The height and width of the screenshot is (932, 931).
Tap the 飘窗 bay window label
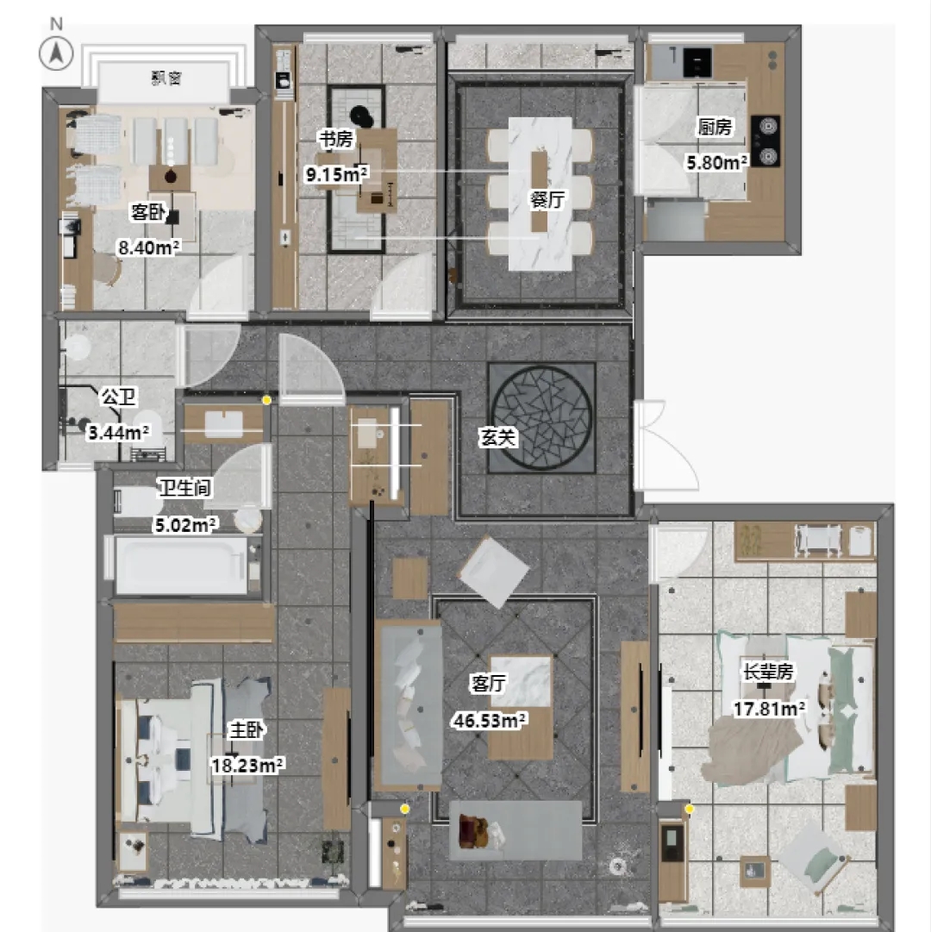166,79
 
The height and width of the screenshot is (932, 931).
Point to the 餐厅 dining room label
546,199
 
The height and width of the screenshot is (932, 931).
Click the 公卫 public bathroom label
117,397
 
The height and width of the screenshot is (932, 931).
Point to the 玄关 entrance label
497,437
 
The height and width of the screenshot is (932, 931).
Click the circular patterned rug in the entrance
541,418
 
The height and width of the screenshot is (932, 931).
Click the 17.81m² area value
769,708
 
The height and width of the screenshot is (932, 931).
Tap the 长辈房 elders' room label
768,672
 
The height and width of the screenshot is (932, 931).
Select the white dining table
540,192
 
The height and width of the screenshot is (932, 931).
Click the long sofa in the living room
409,703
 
